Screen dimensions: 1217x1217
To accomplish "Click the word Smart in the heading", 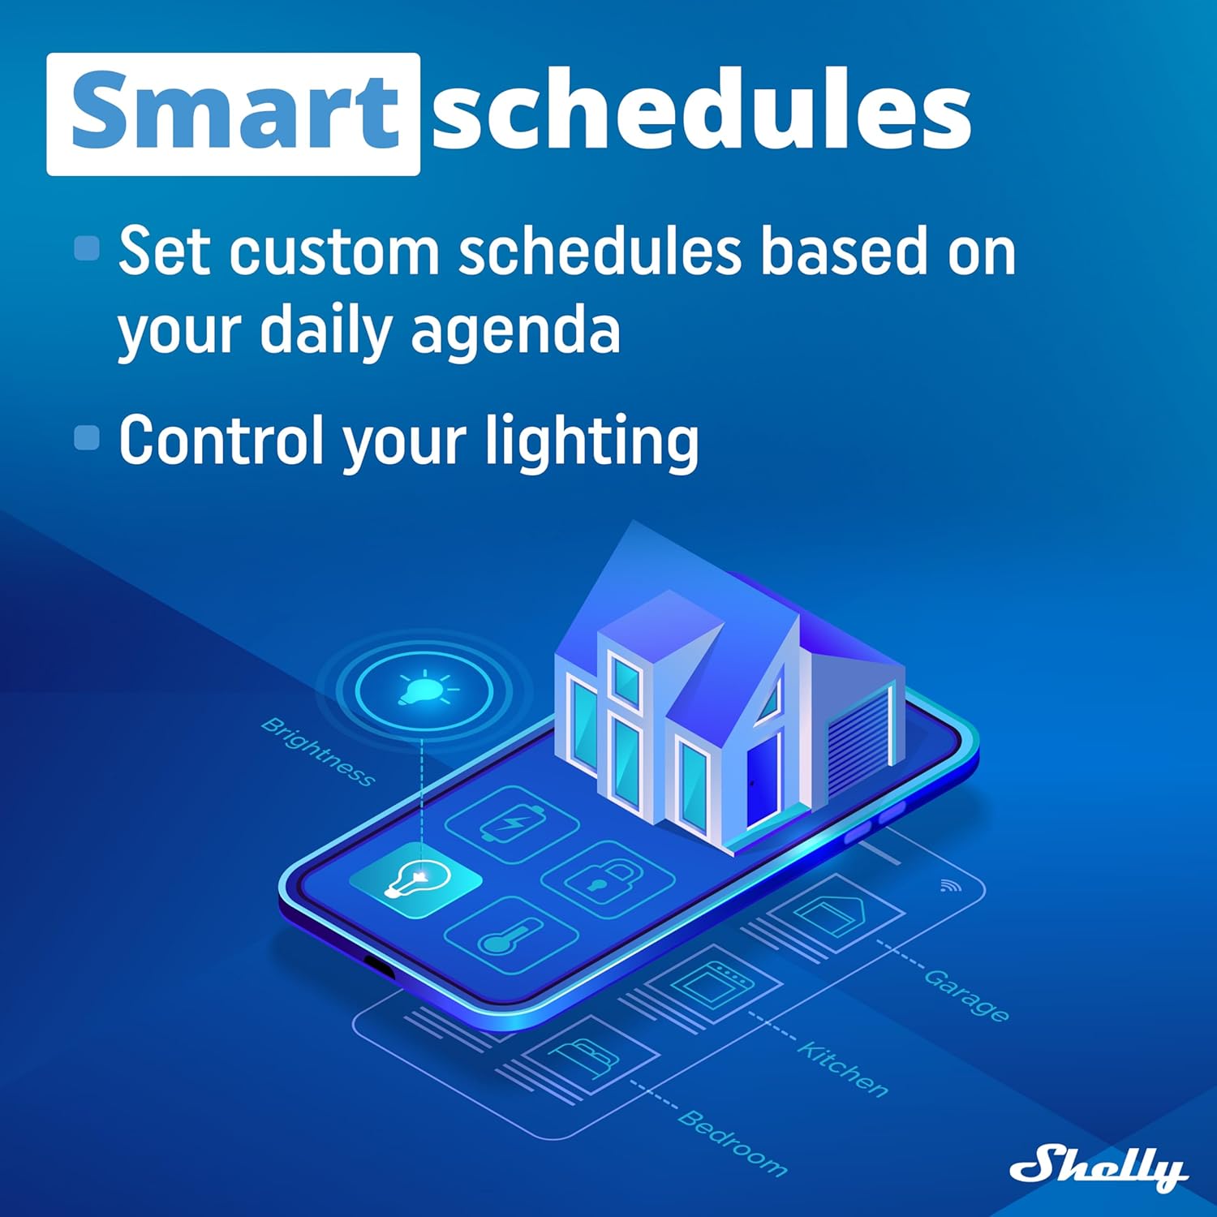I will (234, 112).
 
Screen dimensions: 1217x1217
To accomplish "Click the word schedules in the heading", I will (701, 112).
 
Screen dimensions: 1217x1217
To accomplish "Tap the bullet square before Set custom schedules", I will (87, 248).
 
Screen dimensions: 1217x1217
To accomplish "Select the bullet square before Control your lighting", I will (87, 438).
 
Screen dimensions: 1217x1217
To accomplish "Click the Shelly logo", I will (1098, 1168).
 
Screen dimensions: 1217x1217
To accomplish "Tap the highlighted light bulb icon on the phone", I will (416, 880).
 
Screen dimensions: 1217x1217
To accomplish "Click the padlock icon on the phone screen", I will (606, 878).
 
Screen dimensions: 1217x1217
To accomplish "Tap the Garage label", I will (966, 995).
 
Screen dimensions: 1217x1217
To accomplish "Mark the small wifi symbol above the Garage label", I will (949, 885).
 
